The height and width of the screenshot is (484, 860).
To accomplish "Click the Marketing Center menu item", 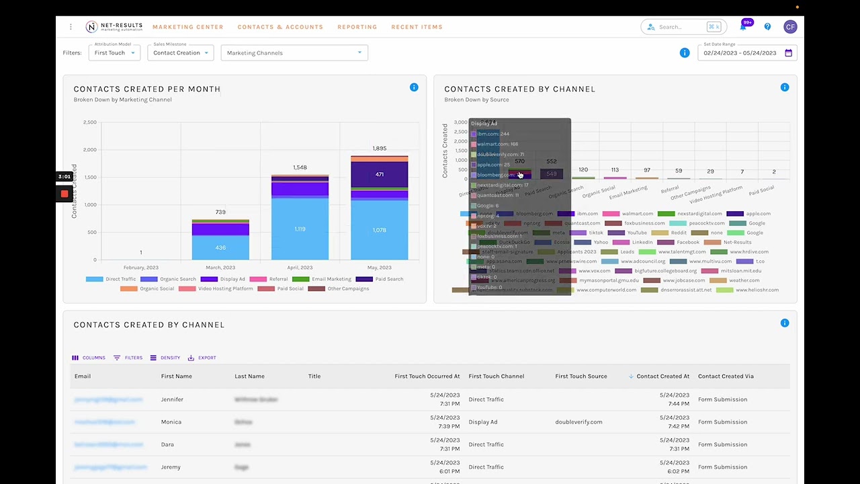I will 187,27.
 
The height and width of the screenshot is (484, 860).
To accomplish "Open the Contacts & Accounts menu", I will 280,27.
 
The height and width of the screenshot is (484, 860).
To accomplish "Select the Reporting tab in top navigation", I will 357,27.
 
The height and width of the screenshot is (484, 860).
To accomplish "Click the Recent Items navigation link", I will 417,27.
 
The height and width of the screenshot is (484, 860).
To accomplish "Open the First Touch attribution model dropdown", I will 114,53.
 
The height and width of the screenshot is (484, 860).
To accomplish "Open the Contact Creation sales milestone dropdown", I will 180,53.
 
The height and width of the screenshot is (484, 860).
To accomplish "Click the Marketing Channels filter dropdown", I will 294,53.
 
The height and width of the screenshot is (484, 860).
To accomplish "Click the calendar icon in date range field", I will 788,53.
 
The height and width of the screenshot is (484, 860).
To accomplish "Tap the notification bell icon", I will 743,27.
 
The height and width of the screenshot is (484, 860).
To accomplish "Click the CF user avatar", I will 789,27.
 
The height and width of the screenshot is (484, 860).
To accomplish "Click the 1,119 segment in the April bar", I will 300,229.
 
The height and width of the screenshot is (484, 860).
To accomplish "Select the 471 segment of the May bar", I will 380,174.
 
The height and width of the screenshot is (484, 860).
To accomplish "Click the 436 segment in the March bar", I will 220,247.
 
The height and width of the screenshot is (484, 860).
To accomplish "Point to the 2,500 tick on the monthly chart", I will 89,122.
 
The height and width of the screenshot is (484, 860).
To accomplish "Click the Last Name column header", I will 249,376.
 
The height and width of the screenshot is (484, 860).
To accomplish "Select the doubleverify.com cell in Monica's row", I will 578,422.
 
